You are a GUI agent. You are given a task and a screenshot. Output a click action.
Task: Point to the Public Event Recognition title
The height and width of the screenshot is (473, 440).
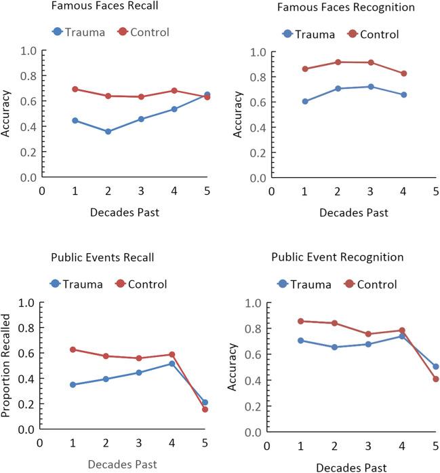[338, 257]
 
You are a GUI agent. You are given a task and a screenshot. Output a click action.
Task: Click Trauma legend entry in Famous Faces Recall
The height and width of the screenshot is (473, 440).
[78, 32]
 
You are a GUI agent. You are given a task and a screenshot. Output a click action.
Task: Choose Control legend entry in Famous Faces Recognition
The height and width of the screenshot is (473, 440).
[371, 34]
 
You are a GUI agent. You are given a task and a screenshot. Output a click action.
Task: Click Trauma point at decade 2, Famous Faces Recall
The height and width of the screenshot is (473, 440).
[107, 132]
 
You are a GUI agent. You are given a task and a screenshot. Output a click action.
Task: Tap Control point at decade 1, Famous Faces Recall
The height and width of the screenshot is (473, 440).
[75, 89]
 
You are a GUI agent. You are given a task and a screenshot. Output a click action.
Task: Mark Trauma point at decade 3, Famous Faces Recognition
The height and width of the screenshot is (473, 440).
[370, 87]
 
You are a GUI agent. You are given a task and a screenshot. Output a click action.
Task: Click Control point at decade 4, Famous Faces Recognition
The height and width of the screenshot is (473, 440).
[403, 73]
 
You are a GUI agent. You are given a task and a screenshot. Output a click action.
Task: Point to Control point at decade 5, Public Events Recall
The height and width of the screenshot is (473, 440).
[204, 409]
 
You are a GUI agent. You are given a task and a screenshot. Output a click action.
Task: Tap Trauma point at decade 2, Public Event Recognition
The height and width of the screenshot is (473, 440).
[334, 347]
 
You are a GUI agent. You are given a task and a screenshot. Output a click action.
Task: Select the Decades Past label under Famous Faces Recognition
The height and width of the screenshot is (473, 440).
[353, 212]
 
